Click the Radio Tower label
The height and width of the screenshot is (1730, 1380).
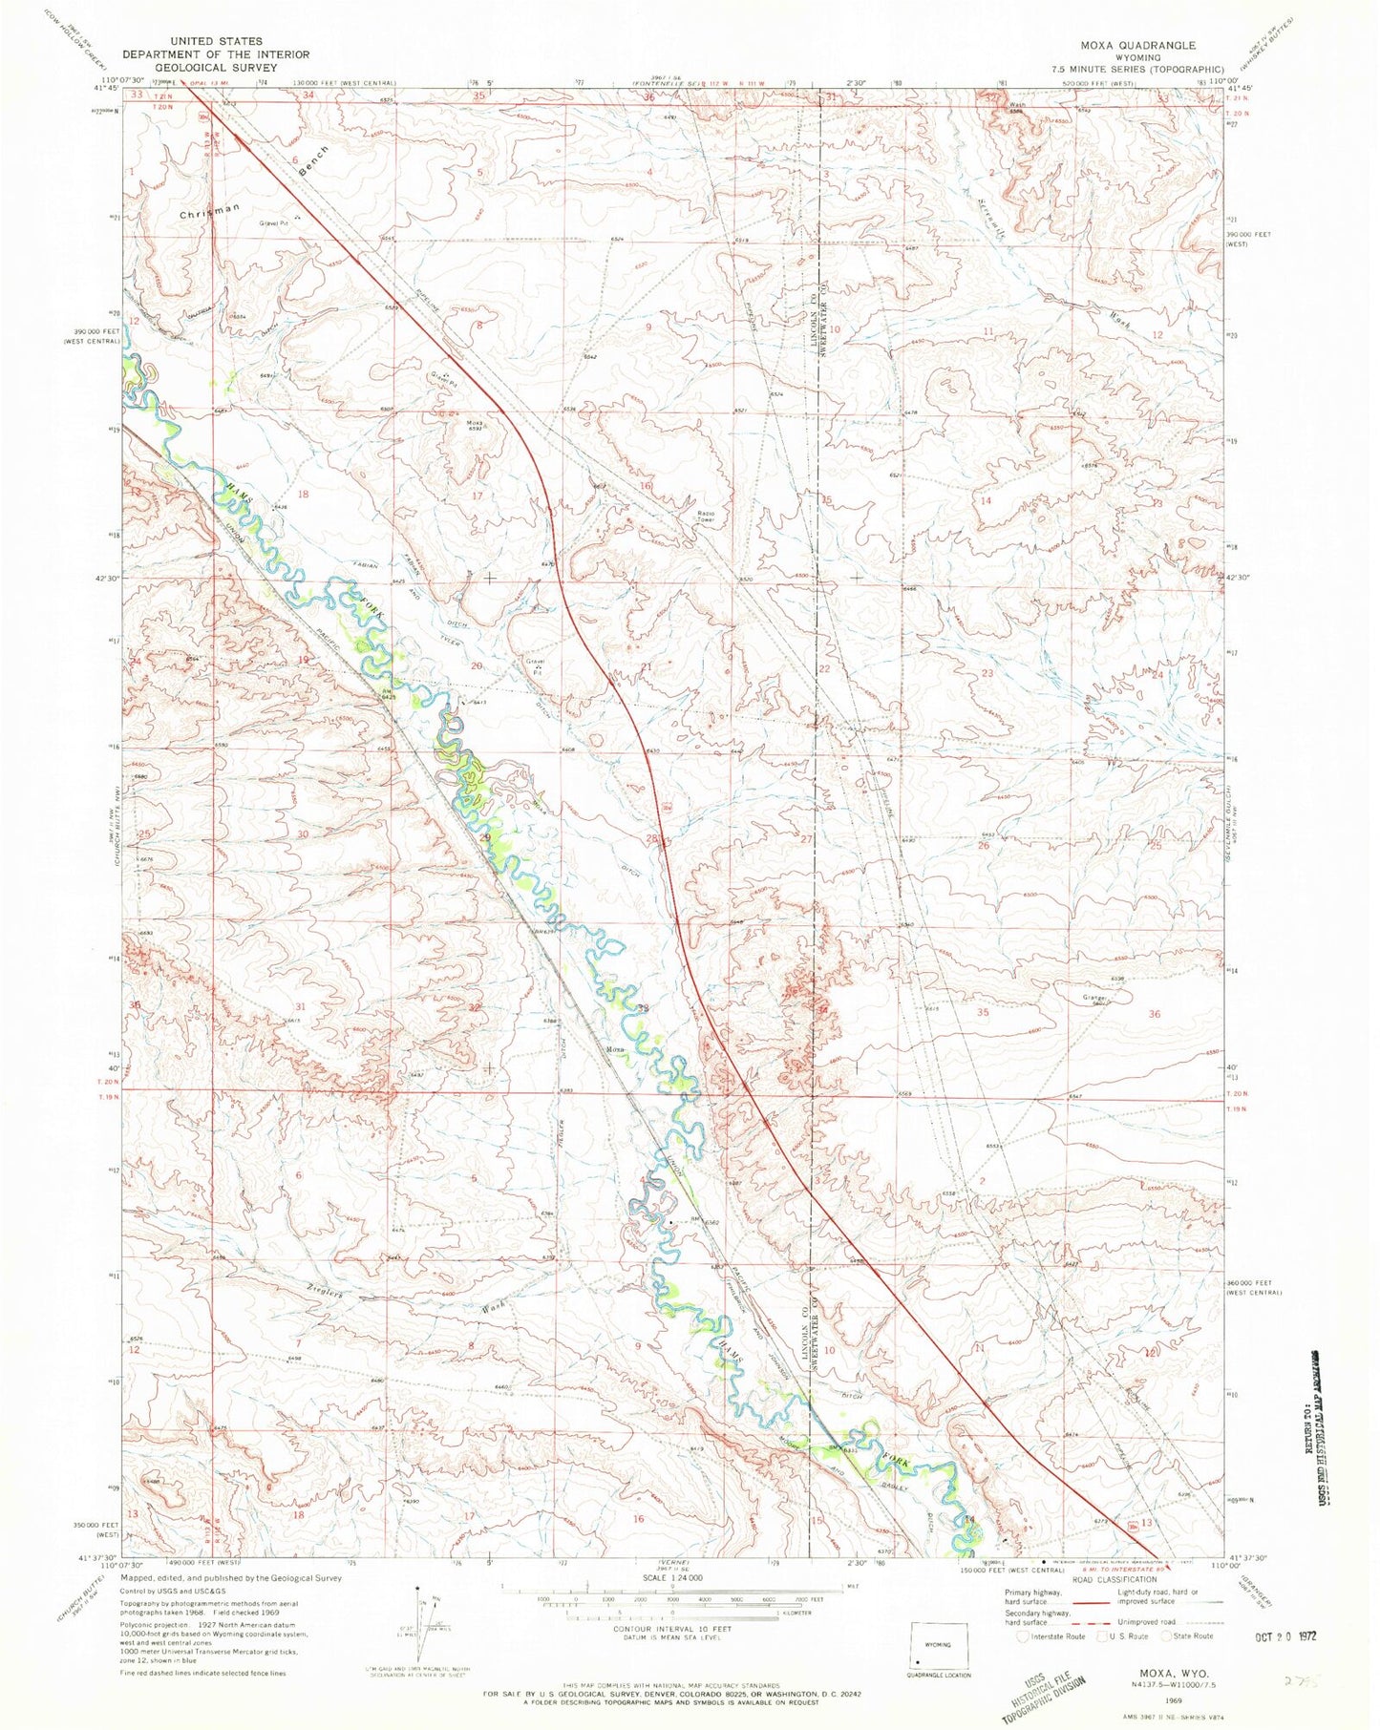point(706,517)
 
